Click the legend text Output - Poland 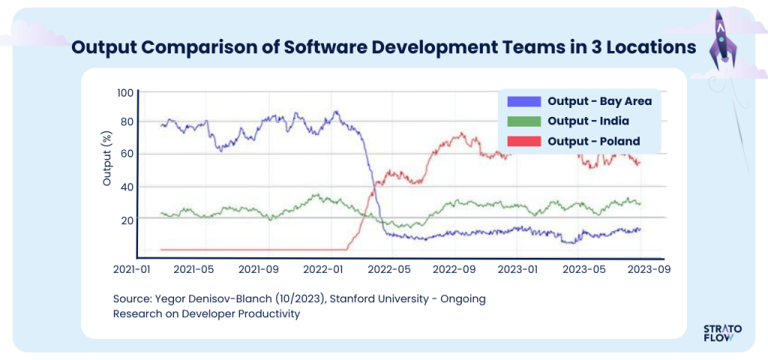[x=593, y=141]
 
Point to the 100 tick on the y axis [x=124, y=92]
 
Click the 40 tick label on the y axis [x=127, y=187]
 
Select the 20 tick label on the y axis [x=127, y=220]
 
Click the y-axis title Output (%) [x=106, y=158]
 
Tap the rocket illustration [x=721, y=36]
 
